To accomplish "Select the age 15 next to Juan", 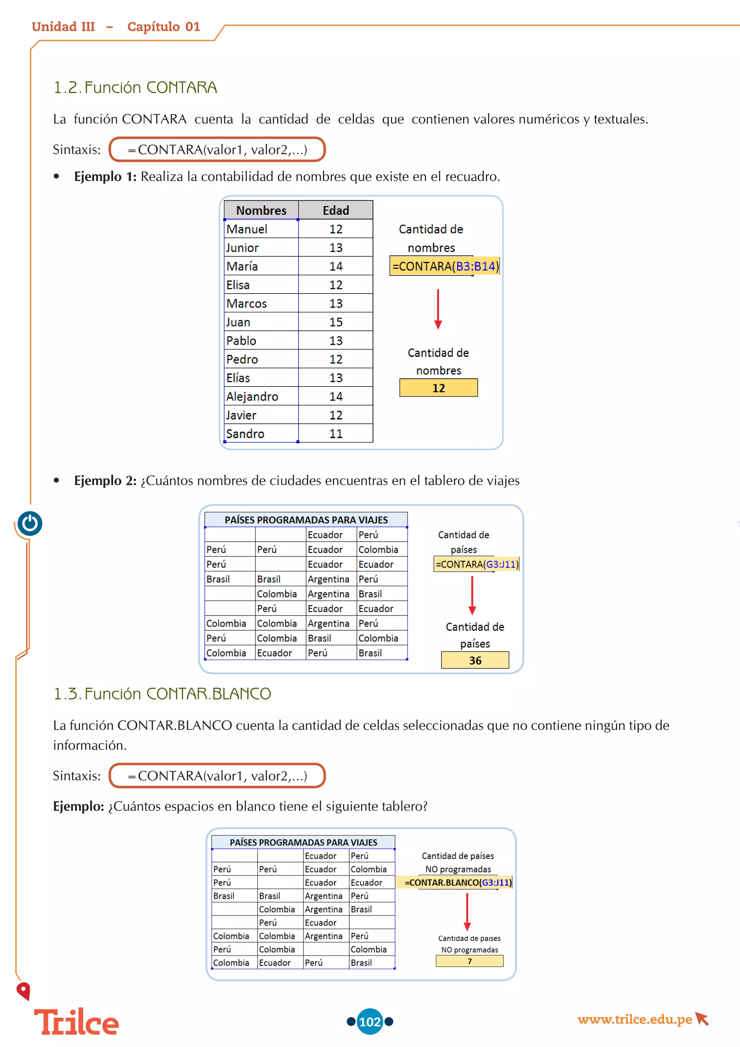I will tap(336, 322).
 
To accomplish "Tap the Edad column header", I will tap(336, 210).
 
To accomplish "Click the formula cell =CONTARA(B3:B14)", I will tap(445, 266).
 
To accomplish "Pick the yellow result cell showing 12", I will tap(438, 388).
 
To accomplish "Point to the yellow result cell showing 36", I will tap(475, 660).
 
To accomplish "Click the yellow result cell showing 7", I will tap(469, 961).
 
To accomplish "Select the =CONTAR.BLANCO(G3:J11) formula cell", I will tap(458, 883).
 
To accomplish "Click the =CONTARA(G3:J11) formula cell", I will tap(477, 564).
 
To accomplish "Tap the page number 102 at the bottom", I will tap(370, 1021).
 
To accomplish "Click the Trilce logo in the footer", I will tap(77, 1022).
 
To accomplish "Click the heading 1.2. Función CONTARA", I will tap(135, 87).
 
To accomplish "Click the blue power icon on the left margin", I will tap(30, 523).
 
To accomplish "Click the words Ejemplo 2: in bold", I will tap(105, 480).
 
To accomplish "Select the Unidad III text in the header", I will tap(63, 27).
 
